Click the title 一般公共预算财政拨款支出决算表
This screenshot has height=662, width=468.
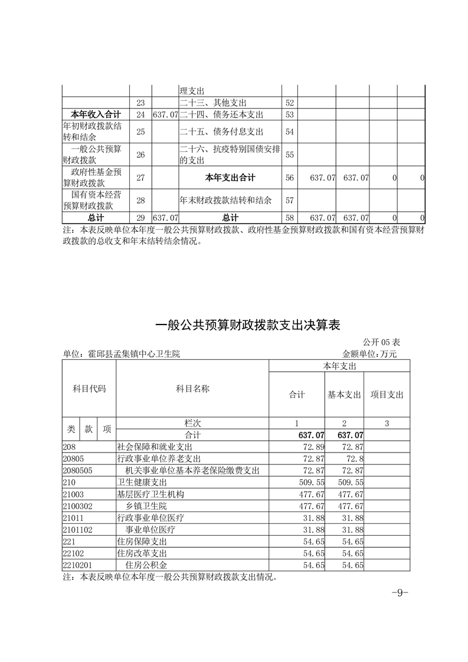pyautogui.click(x=247, y=325)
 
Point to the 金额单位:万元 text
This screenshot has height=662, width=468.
pyautogui.click(x=369, y=354)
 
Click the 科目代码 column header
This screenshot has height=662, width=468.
pyautogui.click(x=89, y=389)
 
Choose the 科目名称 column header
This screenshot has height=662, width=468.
pyautogui.click(x=192, y=389)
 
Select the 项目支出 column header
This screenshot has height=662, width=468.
pyautogui.click(x=387, y=395)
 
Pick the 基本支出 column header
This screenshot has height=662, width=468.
pyautogui.click(x=344, y=395)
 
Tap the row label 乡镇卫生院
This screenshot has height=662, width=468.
pyautogui.click(x=146, y=506)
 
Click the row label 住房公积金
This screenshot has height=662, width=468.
pyautogui.click(x=146, y=565)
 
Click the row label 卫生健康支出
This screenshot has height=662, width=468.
pyautogui.click(x=142, y=482)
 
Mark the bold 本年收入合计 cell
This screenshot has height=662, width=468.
pyautogui.click(x=96, y=114)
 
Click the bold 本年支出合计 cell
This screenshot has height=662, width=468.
pyautogui.click(x=230, y=177)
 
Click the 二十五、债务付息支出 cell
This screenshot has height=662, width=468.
pyautogui.click(x=221, y=131)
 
